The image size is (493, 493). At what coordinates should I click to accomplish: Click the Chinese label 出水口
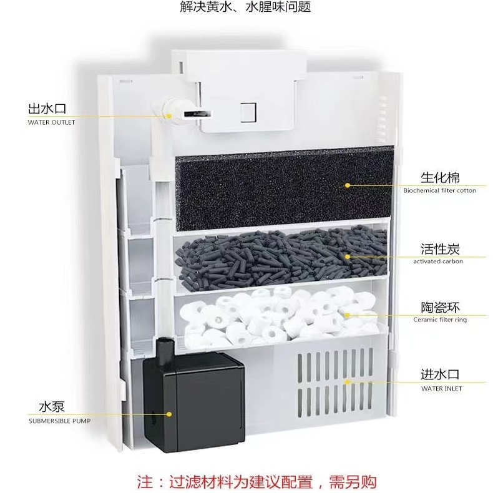[47, 109]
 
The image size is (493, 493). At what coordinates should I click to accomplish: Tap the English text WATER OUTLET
[51, 122]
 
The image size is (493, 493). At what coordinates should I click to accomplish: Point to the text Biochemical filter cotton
[439, 190]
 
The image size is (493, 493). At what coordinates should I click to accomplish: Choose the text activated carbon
[438, 261]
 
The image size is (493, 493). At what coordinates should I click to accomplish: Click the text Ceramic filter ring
[440, 320]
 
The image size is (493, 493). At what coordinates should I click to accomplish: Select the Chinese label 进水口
[439, 375]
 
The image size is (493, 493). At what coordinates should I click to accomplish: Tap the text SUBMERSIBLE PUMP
[59, 421]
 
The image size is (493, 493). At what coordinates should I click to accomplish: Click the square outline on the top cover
[247, 111]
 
